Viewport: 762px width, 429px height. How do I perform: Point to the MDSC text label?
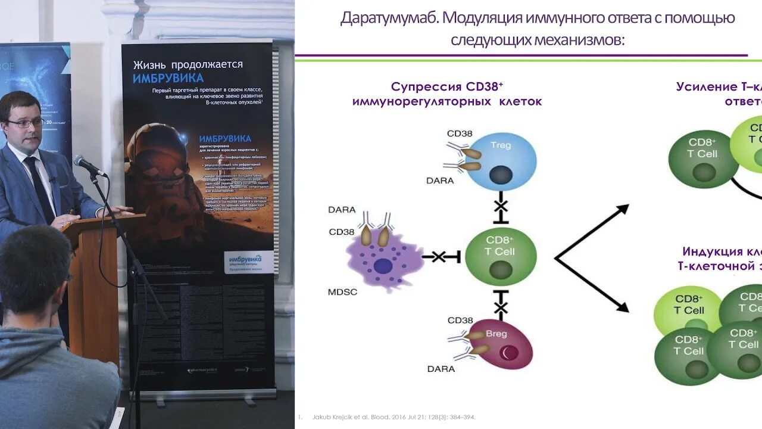(x=342, y=292)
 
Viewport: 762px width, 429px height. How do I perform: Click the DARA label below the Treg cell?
(x=441, y=181)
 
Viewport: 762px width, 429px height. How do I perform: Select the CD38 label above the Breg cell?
(x=460, y=321)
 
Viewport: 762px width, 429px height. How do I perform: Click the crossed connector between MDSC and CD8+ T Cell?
(x=439, y=257)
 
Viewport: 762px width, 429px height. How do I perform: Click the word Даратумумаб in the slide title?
(x=389, y=18)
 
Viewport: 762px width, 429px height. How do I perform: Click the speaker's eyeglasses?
(x=25, y=123)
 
